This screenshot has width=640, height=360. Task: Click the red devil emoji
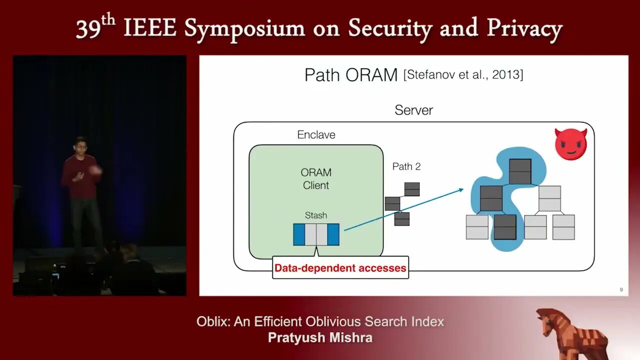click(x=571, y=144)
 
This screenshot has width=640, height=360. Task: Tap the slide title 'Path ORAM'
click(x=351, y=75)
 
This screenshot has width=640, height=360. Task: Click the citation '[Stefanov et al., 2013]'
click(x=463, y=74)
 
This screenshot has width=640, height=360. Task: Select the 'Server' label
click(x=413, y=110)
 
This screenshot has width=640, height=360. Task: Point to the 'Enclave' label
click(x=316, y=134)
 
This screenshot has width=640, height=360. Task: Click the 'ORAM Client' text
click(x=316, y=179)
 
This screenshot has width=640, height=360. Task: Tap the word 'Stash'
click(x=316, y=215)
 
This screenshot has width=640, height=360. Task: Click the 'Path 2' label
click(x=406, y=166)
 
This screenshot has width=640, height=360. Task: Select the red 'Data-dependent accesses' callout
click(x=340, y=268)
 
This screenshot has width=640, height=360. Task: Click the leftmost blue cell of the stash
click(x=299, y=234)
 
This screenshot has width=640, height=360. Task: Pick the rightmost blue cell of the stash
click(x=333, y=234)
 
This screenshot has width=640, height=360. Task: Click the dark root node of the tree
click(x=520, y=171)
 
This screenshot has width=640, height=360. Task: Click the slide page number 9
click(x=621, y=289)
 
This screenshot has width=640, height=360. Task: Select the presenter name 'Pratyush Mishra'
click(x=320, y=337)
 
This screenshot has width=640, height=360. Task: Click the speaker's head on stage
click(x=80, y=145)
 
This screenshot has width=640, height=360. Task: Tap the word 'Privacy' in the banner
click(x=524, y=28)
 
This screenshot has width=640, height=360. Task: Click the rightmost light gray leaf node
click(x=563, y=227)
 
